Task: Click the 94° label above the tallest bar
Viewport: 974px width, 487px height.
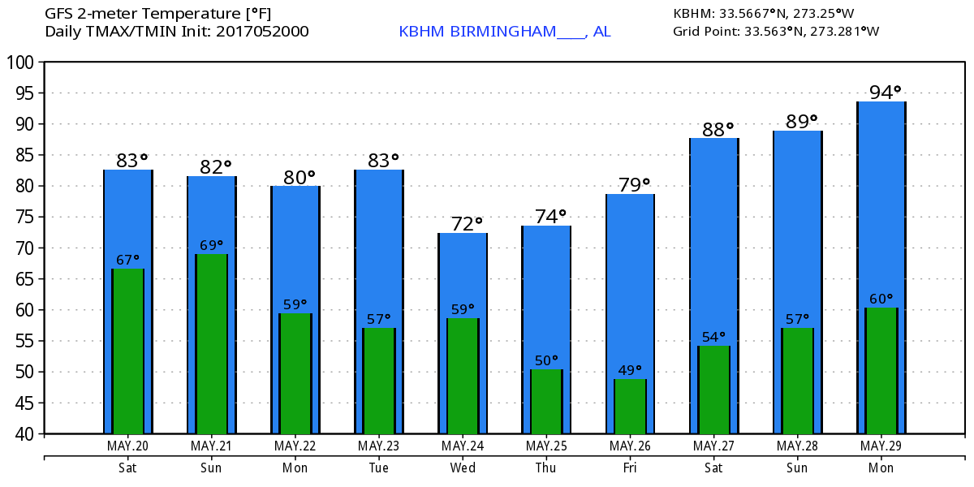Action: (881, 92)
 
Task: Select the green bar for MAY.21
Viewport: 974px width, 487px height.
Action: (212, 344)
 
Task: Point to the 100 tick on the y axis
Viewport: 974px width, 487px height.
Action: (21, 62)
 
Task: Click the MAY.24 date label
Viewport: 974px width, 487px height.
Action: (463, 446)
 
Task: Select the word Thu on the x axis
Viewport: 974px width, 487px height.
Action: (546, 468)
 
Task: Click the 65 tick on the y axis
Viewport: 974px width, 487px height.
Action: (24, 279)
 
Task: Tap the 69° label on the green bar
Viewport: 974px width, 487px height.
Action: (212, 245)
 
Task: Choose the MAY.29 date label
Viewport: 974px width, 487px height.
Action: (881, 446)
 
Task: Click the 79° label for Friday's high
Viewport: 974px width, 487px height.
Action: (630, 184)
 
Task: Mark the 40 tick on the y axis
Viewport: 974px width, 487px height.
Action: (24, 433)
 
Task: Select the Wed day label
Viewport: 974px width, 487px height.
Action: (463, 468)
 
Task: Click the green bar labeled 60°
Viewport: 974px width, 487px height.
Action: (881, 371)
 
